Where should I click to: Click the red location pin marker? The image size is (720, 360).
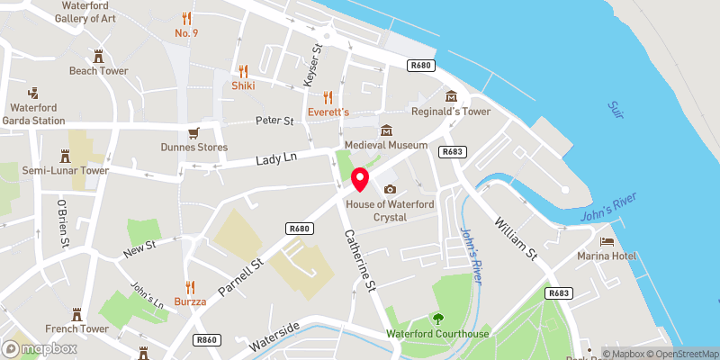pyautogui.click(x=360, y=179)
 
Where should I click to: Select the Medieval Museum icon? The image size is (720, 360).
pyautogui.click(x=386, y=130)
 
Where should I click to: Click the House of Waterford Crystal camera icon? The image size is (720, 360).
pyautogui.click(x=390, y=189)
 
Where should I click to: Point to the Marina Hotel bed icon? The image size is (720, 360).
pyautogui.click(x=607, y=243)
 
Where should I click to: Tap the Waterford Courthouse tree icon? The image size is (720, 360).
pyautogui.click(x=438, y=319)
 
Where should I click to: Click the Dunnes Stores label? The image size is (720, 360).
pyautogui.click(x=193, y=147)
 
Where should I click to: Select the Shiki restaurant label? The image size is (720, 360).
pyautogui.click(x=243, y=85)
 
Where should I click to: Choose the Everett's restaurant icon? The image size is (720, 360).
pyautogui.click(x=328, y=97)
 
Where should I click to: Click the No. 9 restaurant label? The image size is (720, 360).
pyautogui.click(x=186, y=34)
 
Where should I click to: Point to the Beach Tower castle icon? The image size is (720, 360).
pyautogui.click(x=99, y=56)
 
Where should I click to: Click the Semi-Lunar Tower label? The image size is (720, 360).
pyautogui.click(x=65, y=170)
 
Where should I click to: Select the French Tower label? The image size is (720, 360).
pyautogui.click(x=77, y=329)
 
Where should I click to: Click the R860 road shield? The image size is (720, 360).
pyautogui.click(x=208, y=339)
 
